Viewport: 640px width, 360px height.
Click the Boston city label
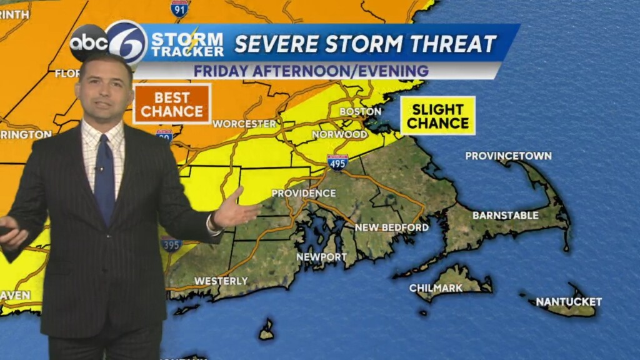coord(360,111)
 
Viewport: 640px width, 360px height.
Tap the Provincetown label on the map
coord(508,156)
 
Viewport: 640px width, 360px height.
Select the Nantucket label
coord(568,302)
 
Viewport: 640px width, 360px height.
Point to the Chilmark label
coord(436,288)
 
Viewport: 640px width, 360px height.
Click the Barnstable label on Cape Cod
coord(505,215)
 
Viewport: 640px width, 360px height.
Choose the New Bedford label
coord(392,227)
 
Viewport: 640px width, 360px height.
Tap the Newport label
coord(321,257)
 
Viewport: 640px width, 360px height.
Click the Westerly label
coord(221,281)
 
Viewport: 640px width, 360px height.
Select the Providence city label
coord(303,193)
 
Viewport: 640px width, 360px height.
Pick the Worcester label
coord(244,124)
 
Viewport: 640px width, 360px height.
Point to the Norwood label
coord(339,134)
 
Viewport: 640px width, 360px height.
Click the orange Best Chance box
coord(172,104)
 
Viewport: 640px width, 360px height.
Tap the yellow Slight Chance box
coord(437,116)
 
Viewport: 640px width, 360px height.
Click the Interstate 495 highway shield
coord(337,162)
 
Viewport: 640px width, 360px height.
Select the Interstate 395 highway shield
coord(171,244)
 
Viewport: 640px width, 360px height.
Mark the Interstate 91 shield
coord(180,7)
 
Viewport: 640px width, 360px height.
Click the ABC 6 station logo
coord(109,42)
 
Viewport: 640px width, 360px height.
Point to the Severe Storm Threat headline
coord(365,44)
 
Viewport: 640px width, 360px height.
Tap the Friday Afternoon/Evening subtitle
coord(311,71)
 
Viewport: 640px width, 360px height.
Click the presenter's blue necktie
coord(104,179)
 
